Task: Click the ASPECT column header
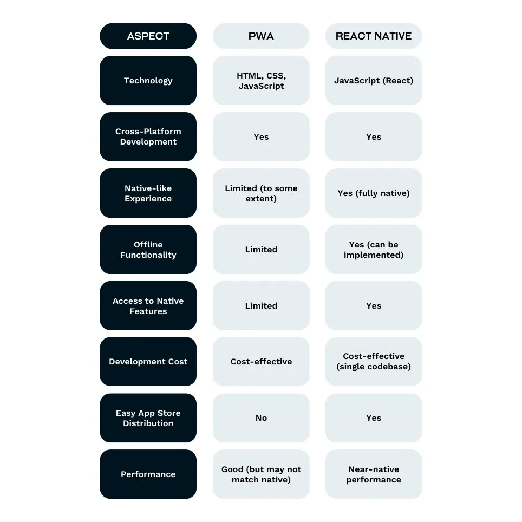point(148,36)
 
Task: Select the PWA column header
point(261,36)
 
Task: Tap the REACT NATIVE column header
point(374,36)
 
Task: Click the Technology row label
point(148,81)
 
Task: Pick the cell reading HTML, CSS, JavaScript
point(261,81)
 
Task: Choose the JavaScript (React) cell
point(374,81)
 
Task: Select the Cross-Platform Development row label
point(148,136)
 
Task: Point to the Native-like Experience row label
point(148,193)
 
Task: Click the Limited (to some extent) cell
point(261,193)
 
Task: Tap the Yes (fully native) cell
point(374,193)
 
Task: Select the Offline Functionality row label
point(148,249)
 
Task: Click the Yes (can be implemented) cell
point(374,249)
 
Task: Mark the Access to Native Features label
point(148,305)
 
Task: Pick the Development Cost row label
point(148,362)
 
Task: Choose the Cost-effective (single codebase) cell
point(374,362)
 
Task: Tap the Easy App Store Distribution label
point(148,418)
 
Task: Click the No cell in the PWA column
point(261,418)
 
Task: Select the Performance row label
point(148,474)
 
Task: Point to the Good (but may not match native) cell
point(261,474)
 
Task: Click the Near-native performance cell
point(374,474)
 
